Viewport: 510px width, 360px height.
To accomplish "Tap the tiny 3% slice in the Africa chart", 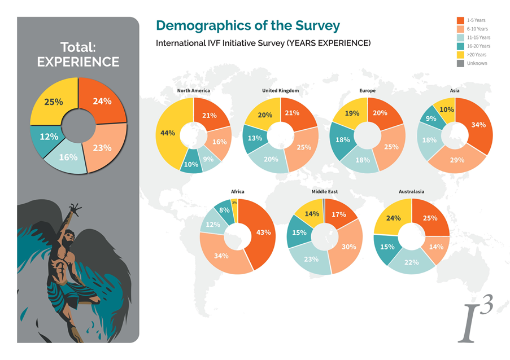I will pos(234,203).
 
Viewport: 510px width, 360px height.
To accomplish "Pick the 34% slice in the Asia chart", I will pos(478,125).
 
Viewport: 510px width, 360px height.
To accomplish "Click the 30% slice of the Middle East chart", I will pos(348,246).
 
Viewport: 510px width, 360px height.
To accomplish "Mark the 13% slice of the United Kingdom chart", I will pos(254,139).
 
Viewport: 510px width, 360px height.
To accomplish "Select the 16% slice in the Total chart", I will pos(69,157).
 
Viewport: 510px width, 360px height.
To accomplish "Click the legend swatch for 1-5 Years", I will pos(460,20).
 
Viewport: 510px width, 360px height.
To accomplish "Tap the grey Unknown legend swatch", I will pos(460,63).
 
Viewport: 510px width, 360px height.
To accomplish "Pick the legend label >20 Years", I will pos(476,55).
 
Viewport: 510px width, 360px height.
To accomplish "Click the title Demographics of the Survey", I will pos(247,25).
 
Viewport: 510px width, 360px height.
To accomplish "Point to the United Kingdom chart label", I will pos(280,90).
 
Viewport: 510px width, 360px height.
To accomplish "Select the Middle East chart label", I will pos(325,192).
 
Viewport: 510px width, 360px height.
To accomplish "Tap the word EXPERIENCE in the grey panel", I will pos(78,62).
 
